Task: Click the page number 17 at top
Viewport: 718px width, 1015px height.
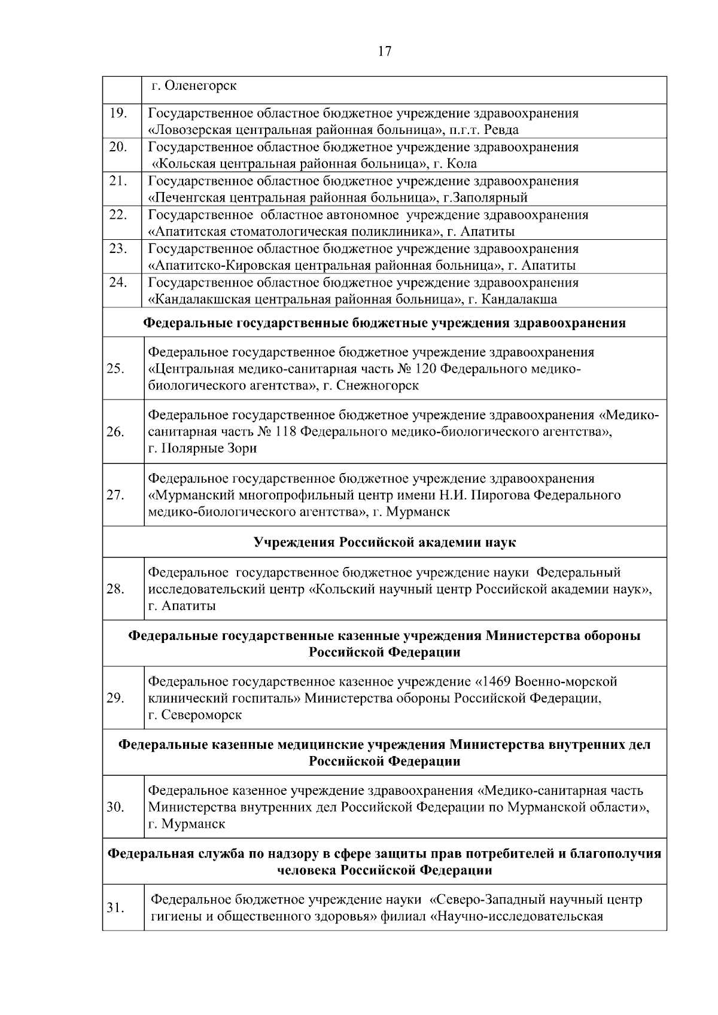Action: (385, 51)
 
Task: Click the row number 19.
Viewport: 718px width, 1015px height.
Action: (118, 112)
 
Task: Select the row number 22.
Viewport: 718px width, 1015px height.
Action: (118, 214)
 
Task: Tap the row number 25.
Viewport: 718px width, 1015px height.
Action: (115, 368)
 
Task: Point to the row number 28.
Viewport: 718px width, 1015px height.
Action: (115, 589)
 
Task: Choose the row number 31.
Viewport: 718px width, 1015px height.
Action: (115, 908)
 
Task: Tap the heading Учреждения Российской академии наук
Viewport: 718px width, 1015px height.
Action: (385, 542)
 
